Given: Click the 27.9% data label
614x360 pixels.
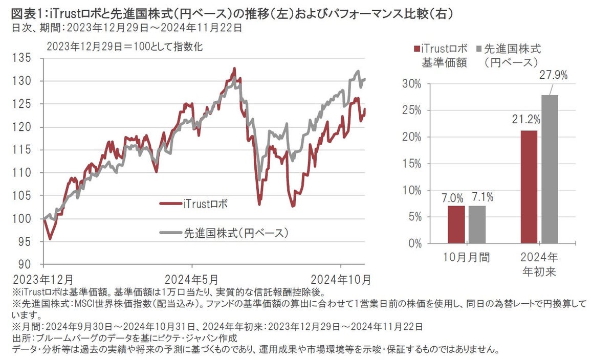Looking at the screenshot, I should click(x=552, y=76).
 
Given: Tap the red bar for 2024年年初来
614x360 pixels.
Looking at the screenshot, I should click(x=529, y=187).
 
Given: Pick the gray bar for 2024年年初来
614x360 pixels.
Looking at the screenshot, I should click(x=550, y=169).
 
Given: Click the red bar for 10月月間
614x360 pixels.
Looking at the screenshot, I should click(x=456, y=224).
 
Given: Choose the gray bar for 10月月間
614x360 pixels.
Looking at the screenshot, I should click(x=476, y=224).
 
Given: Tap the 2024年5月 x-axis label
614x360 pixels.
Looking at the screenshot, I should click(x=192, y=280).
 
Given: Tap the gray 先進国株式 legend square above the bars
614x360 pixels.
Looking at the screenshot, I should click(x=479, y=49).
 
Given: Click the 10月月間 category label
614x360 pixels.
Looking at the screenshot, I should click(x=466, y=257).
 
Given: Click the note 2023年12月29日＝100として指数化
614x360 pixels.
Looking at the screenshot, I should click(x=125, y=47).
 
